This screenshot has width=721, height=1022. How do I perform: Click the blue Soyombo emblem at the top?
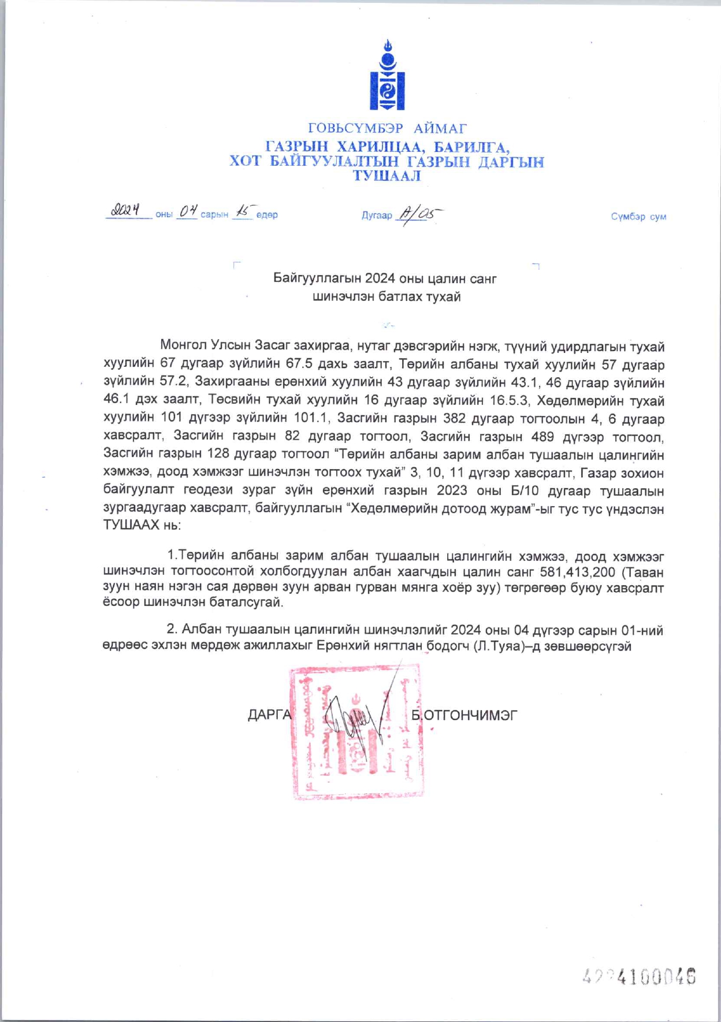coord(387,75)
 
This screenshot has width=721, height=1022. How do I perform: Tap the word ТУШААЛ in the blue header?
coord(386,176)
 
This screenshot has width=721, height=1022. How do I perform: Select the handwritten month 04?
coord(187,211)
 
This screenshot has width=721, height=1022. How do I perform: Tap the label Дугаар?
coord(377,215)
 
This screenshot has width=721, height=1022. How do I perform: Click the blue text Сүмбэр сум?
coord(638,217)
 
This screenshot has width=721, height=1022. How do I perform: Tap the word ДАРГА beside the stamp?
coord(270,715)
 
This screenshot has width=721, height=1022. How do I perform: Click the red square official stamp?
coord(356,732)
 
